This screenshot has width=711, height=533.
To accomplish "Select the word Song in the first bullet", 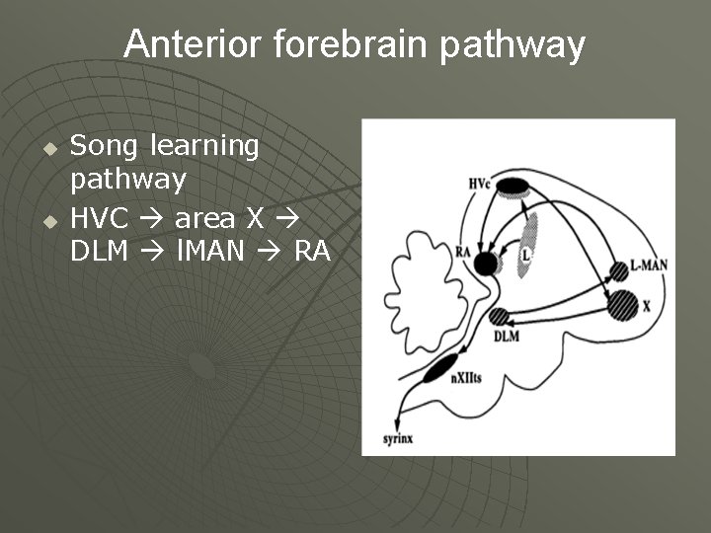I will pos(107,147).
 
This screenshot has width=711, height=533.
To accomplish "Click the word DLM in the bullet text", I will pos(99,251).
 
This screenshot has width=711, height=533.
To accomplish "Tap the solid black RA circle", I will pos(485,263).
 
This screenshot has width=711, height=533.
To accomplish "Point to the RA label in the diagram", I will pos(463,251).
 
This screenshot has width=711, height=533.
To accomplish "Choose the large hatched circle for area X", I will pos(623,305).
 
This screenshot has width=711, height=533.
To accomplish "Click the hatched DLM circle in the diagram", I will pos(500,317).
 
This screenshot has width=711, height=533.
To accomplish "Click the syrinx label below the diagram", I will pos(397,438).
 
